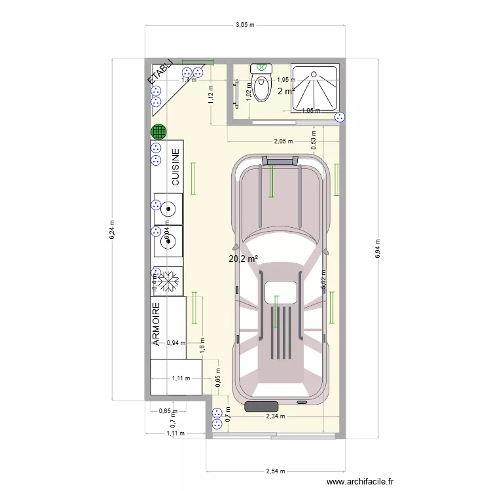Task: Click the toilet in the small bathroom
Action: coord(263,88)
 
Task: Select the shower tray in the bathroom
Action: coord(315,88)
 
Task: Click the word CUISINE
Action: coord(175,168)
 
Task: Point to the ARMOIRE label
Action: coord(157,325)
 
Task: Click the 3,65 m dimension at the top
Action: coord(245,24)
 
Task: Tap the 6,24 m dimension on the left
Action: coord(111,228)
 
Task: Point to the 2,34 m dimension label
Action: coord(275,416)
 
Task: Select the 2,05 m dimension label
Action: coord(283,141)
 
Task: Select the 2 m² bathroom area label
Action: coord(285,91)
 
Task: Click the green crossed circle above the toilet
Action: coord(263,67)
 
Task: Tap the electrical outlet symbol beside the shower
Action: coord(339,117)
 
